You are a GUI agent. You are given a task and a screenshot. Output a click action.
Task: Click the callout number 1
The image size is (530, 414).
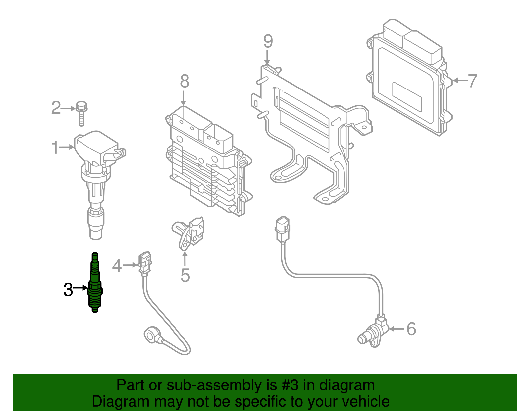click(x=55, y=148)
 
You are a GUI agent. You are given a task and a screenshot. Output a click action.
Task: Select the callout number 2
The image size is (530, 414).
click(x=56, y=108)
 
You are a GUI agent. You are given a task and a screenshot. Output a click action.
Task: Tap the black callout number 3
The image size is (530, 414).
click(x=68, y=290)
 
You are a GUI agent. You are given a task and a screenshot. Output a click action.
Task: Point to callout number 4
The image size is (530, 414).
click(x=117, y=266)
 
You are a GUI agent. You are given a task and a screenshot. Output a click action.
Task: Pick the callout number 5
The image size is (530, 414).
click(x=185, y=275)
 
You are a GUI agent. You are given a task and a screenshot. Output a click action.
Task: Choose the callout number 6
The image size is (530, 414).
click(x=411, y=329)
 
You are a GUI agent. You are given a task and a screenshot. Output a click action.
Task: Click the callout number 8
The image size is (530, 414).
click(x=185, y=81)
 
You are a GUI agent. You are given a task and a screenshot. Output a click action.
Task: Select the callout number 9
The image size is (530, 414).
click(x=268, y=41)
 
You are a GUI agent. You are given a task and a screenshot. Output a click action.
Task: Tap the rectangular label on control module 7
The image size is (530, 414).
click(x=407, y=96)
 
